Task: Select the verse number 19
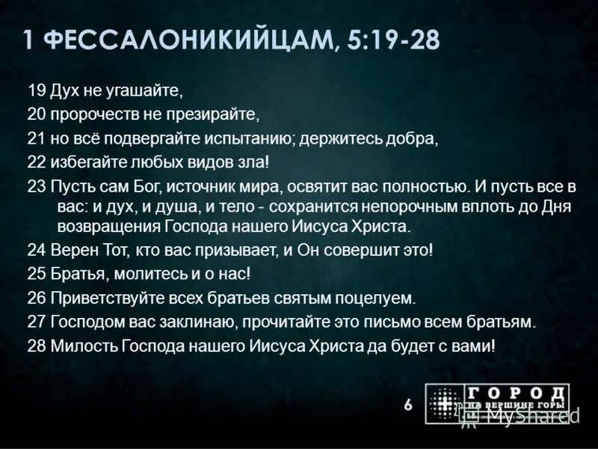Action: [x=37, y=92]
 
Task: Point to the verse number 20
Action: [x=37, y=116]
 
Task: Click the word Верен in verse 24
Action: [x=74, y=250]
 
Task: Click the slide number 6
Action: [x=407, y=405]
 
